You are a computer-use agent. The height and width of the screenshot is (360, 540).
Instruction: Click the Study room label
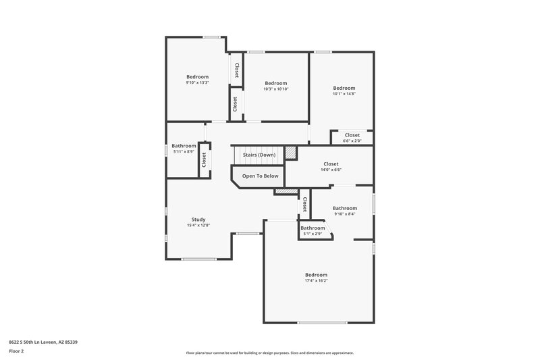pos(198,219)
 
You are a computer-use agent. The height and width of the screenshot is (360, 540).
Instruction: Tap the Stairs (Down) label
pos(259,155)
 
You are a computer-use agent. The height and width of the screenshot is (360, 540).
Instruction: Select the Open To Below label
pos(261,176)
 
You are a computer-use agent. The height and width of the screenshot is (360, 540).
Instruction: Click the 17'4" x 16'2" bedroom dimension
pos(316,281)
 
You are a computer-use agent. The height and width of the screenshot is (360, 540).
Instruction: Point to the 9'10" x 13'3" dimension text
pos(198,83)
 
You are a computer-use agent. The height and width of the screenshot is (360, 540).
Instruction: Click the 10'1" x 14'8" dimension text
pos(344,94)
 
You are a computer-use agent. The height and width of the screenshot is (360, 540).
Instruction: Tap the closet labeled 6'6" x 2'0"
pos(352,140)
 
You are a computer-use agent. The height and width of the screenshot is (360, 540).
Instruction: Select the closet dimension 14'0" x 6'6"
pos(331,170)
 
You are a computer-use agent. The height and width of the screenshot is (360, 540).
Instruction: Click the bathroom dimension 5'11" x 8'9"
pos(184,152)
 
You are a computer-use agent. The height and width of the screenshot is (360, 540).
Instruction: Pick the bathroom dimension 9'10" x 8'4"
pos(344,214)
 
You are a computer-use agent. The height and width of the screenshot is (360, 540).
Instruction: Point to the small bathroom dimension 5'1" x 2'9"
pos(313,234)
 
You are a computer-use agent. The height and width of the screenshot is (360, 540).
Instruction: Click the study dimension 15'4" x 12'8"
pos(198,225)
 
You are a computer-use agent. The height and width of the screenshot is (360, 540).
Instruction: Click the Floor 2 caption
pos(16,351)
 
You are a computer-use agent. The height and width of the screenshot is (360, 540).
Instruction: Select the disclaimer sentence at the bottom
pos(269,353)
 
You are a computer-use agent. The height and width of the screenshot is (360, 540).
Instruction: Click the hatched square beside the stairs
pos(290,154)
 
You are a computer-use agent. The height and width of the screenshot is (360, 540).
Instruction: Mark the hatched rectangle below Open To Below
pos(286,192)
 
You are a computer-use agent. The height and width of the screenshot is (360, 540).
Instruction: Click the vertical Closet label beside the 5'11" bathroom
pos(203,160)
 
